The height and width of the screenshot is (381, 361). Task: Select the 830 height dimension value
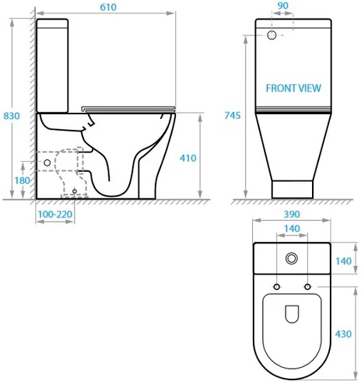click(x=12, y=115)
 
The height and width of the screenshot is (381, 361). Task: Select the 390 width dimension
click(x=292, y=214)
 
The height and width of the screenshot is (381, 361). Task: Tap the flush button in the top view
click(x=293, y=259)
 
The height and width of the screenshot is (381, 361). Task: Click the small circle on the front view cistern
click(x=272, y=36)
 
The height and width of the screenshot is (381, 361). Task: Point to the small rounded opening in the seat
click(x=293, y=313)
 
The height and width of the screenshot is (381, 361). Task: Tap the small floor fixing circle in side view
click(x=75, y=189)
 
